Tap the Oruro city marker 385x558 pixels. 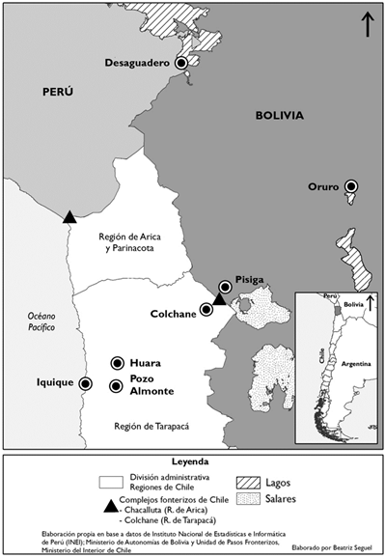pyautogui.click(x=351, y=186)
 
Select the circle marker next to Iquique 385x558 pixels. pyautogui.click(x=85, y=383)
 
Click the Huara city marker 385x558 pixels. pyautogui.click(x=118, y=363)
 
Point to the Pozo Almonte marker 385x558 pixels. pyautogui.click(x=118, y=386)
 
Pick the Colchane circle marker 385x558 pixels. pyautogui.click(x=206, y=310)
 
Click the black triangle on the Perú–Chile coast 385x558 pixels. pyautogui.click(x=69, y=217)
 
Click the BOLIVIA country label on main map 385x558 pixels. pyautogui.click(x=279, y=116)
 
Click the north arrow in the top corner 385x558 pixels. pyautogui.click(x=368, y=23)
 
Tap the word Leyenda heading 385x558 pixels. pyautogui.click(x=192, y=461)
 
